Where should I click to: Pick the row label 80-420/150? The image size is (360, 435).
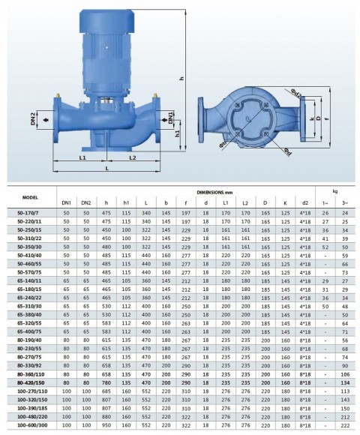coord(30,382)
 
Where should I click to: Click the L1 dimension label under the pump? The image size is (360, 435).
coord(82,158)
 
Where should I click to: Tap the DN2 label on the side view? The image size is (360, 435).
coord(34,118)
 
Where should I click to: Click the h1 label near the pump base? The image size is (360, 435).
coord(178,133)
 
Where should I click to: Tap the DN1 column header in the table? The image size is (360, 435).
coord(66,203)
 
